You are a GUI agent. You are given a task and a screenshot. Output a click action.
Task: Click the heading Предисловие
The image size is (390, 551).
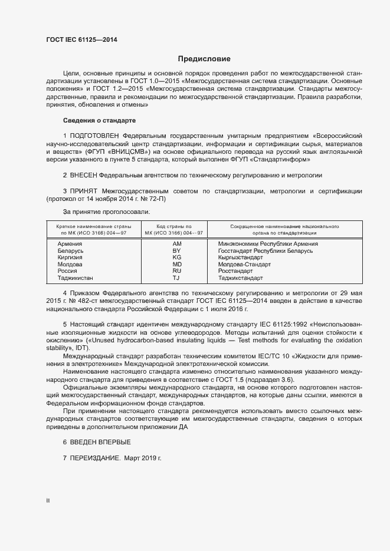[x=204, y=59]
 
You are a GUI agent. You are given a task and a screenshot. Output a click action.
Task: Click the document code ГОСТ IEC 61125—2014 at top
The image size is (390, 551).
[x=81, y=39]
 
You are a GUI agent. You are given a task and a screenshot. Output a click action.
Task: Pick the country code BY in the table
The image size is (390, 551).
[x=176, y=250]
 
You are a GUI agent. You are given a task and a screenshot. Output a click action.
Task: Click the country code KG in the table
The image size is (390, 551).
[x=176, y=258]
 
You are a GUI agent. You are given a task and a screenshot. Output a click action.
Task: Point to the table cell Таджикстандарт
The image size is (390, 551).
[x=241, y=278]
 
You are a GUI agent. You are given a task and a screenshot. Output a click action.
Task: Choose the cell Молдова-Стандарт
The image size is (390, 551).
[x=244, y=264]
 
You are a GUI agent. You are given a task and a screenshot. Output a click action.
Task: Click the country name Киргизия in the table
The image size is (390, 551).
[x=70, y=258]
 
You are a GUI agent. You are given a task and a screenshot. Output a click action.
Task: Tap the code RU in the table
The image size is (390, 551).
[x=176, y=271]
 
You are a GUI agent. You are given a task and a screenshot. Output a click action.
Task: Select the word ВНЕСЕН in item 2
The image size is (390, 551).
[x=83, y=176]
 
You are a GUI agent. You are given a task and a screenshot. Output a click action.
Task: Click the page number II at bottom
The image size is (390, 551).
[x=48, y=501]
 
